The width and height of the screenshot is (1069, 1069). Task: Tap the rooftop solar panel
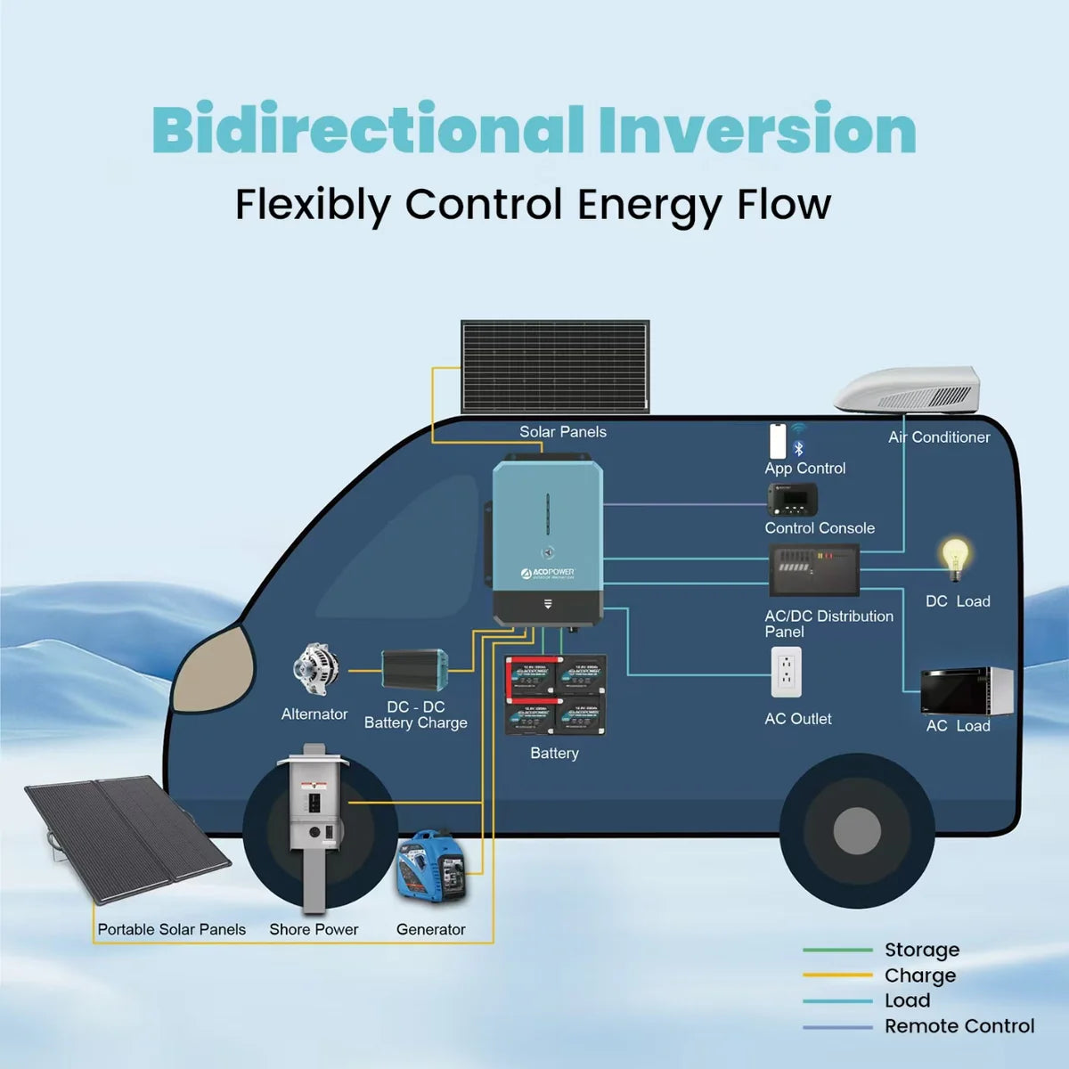[555, 366]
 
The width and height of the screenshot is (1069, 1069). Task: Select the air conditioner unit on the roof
[909, 390]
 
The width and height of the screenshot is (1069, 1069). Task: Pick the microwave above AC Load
[967, 690]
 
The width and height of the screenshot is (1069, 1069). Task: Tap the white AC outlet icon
[786, 672]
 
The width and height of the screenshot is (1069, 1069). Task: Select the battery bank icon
[556, 696]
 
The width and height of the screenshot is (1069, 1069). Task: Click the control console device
[792, 500]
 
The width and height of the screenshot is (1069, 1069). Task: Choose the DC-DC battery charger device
[414, 669]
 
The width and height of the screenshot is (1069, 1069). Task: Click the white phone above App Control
[778, 441]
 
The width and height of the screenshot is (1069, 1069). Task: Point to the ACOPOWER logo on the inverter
[548, 573]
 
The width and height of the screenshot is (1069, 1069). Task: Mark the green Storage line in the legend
[836, 950]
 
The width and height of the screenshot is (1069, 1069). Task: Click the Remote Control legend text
[959, 1026]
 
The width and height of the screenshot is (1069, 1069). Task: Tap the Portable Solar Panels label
[171, 929]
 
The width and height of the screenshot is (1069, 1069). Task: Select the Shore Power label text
[314, 929]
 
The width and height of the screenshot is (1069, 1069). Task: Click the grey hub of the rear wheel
[857, 830]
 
